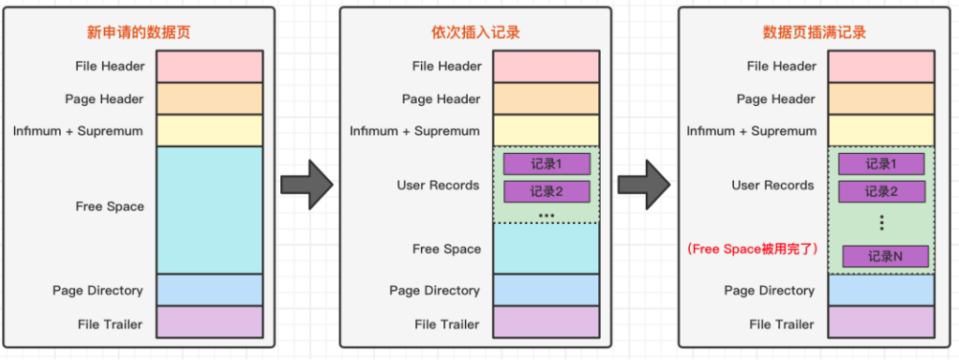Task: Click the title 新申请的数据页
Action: [x=139, y=33]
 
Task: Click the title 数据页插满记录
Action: [x=814, y=33]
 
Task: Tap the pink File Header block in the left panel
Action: [x=209, y=67]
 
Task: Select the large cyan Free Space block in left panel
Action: [x=209, y=209]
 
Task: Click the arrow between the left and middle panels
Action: [x=307, y=183]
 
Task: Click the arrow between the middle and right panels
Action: [x=643, y=183]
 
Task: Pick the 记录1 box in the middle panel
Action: [x=547, y=164]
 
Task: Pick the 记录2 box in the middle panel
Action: [x=547, y=192]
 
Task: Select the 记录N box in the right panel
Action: [x=885, y=256]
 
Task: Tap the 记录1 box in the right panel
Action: [x=881, y=164]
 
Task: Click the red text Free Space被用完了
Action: [x=753, y=249]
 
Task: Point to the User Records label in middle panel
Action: [x=438, y=186]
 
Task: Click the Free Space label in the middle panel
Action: [x=446, y=249]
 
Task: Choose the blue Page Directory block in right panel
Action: [x=881, y=291]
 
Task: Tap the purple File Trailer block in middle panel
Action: [x=546, y=323]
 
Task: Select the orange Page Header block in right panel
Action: [x=881, y=98]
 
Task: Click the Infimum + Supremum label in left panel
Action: [x=78, y=131]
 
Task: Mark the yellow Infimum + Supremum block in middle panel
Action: [x=546, y=130]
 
